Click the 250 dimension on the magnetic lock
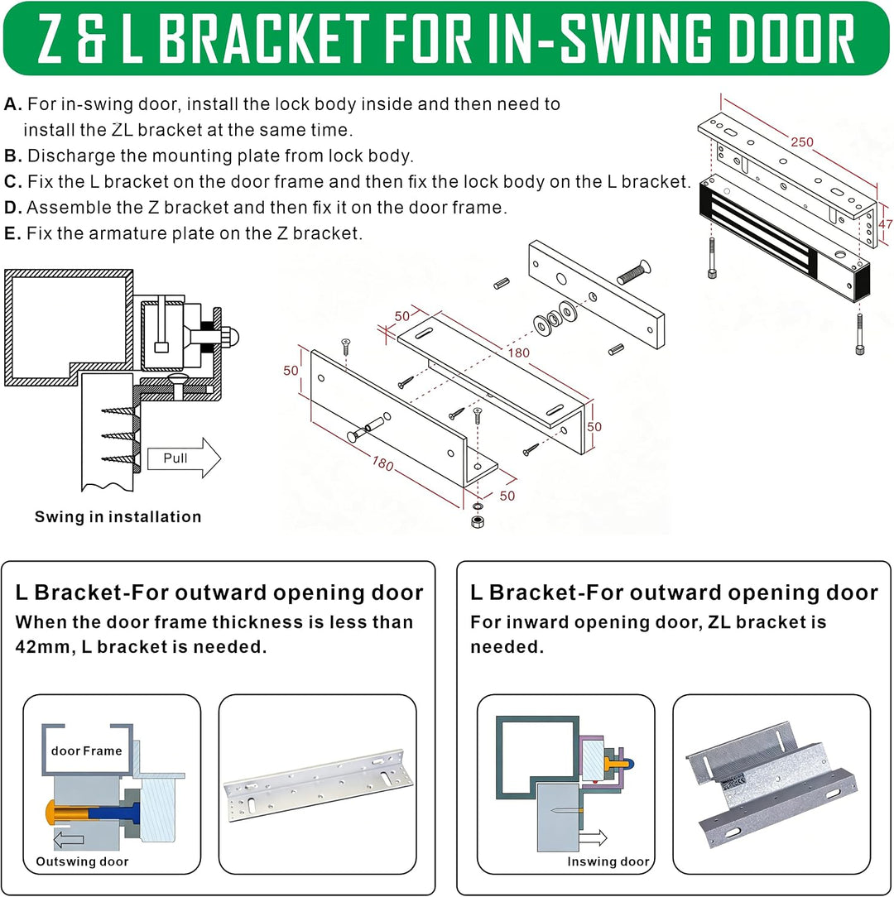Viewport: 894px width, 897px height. pyautogui.click(x=802, y=142)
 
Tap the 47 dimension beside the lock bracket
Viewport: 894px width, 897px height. pyautogui.click(x=885, y=224)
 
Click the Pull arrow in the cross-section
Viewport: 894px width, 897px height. pyautogui.click(x=184, y=458)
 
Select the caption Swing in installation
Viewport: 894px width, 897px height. pyautogui.click(x=118, y=516)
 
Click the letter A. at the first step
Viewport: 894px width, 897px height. pyautogui.click(x=13, y=104)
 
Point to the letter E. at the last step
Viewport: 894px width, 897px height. pyautogui.click(x=12, y=233)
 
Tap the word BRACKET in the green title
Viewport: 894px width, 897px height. pyautogui.click(x=263, y=39)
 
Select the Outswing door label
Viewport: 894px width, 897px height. pyautogui.click(x=82, y=861)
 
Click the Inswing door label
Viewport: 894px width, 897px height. pyautogui.click(x=608, y=861)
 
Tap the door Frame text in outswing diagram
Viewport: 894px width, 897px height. pyautogui.click(x=86, y=751)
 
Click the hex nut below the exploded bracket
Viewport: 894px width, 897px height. pyautogui.click(x=477, y=521)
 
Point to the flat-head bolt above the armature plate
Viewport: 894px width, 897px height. pyautogui.click(x=633, y=272)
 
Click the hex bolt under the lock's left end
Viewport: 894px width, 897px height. pyautogui.click(x=712, y=258)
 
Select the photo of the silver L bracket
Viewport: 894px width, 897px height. pyautogui.click(x=318, y=784)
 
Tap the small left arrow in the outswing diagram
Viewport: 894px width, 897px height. pyautogui.click(x=68, y=840)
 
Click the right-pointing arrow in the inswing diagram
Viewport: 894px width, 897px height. pyautogui.click(x=593, y=838)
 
